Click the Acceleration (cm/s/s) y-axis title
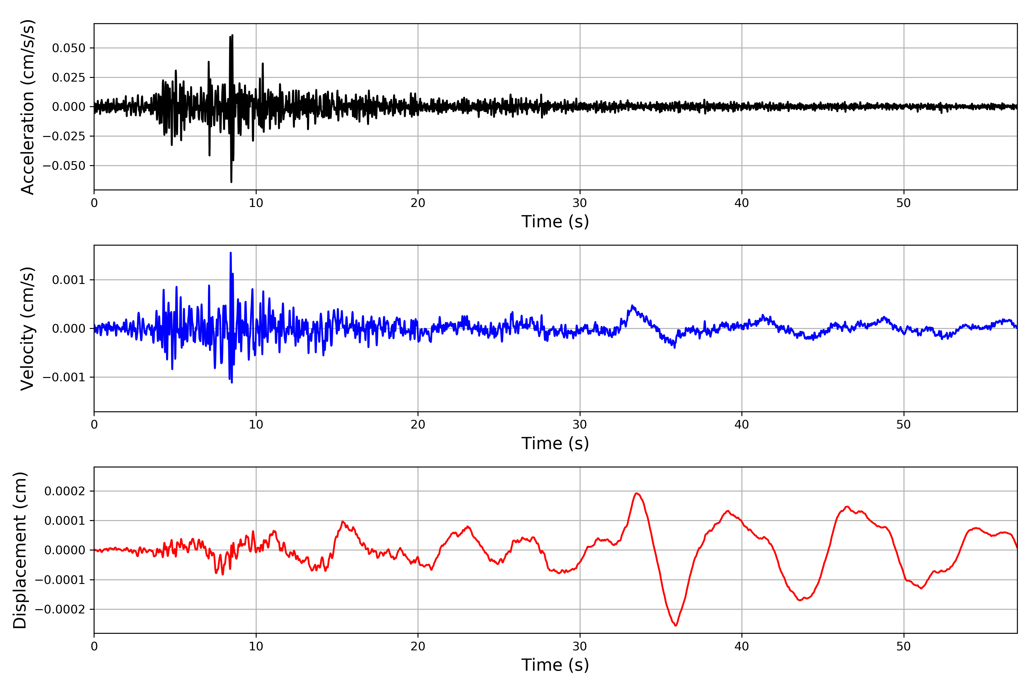click(27, 107)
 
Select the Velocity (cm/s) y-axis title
click(27, 329)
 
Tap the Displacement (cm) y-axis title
click(20, 550)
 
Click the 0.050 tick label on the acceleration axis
click(68, 48)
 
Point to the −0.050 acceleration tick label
click(64, 166)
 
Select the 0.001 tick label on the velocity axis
click(68, 280)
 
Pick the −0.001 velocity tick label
click(64, 377)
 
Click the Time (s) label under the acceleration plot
click(555, 222)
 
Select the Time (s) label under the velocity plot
click(555, 443)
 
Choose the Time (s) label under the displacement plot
click(555, 665)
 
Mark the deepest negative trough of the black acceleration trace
click(231, 182)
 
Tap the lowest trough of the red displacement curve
click(676, 625)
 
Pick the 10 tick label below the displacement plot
click(256, 646)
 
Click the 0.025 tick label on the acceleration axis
click(68, 78)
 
